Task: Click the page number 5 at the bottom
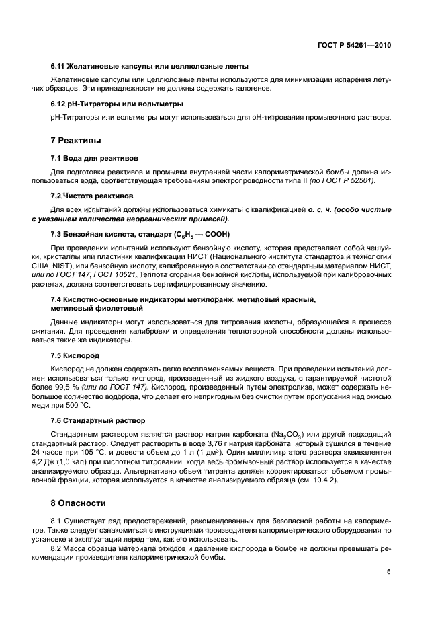[x=388, y=572]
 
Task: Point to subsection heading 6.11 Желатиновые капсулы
[x=150, y=67]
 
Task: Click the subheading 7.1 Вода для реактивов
[x=94, y=158]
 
